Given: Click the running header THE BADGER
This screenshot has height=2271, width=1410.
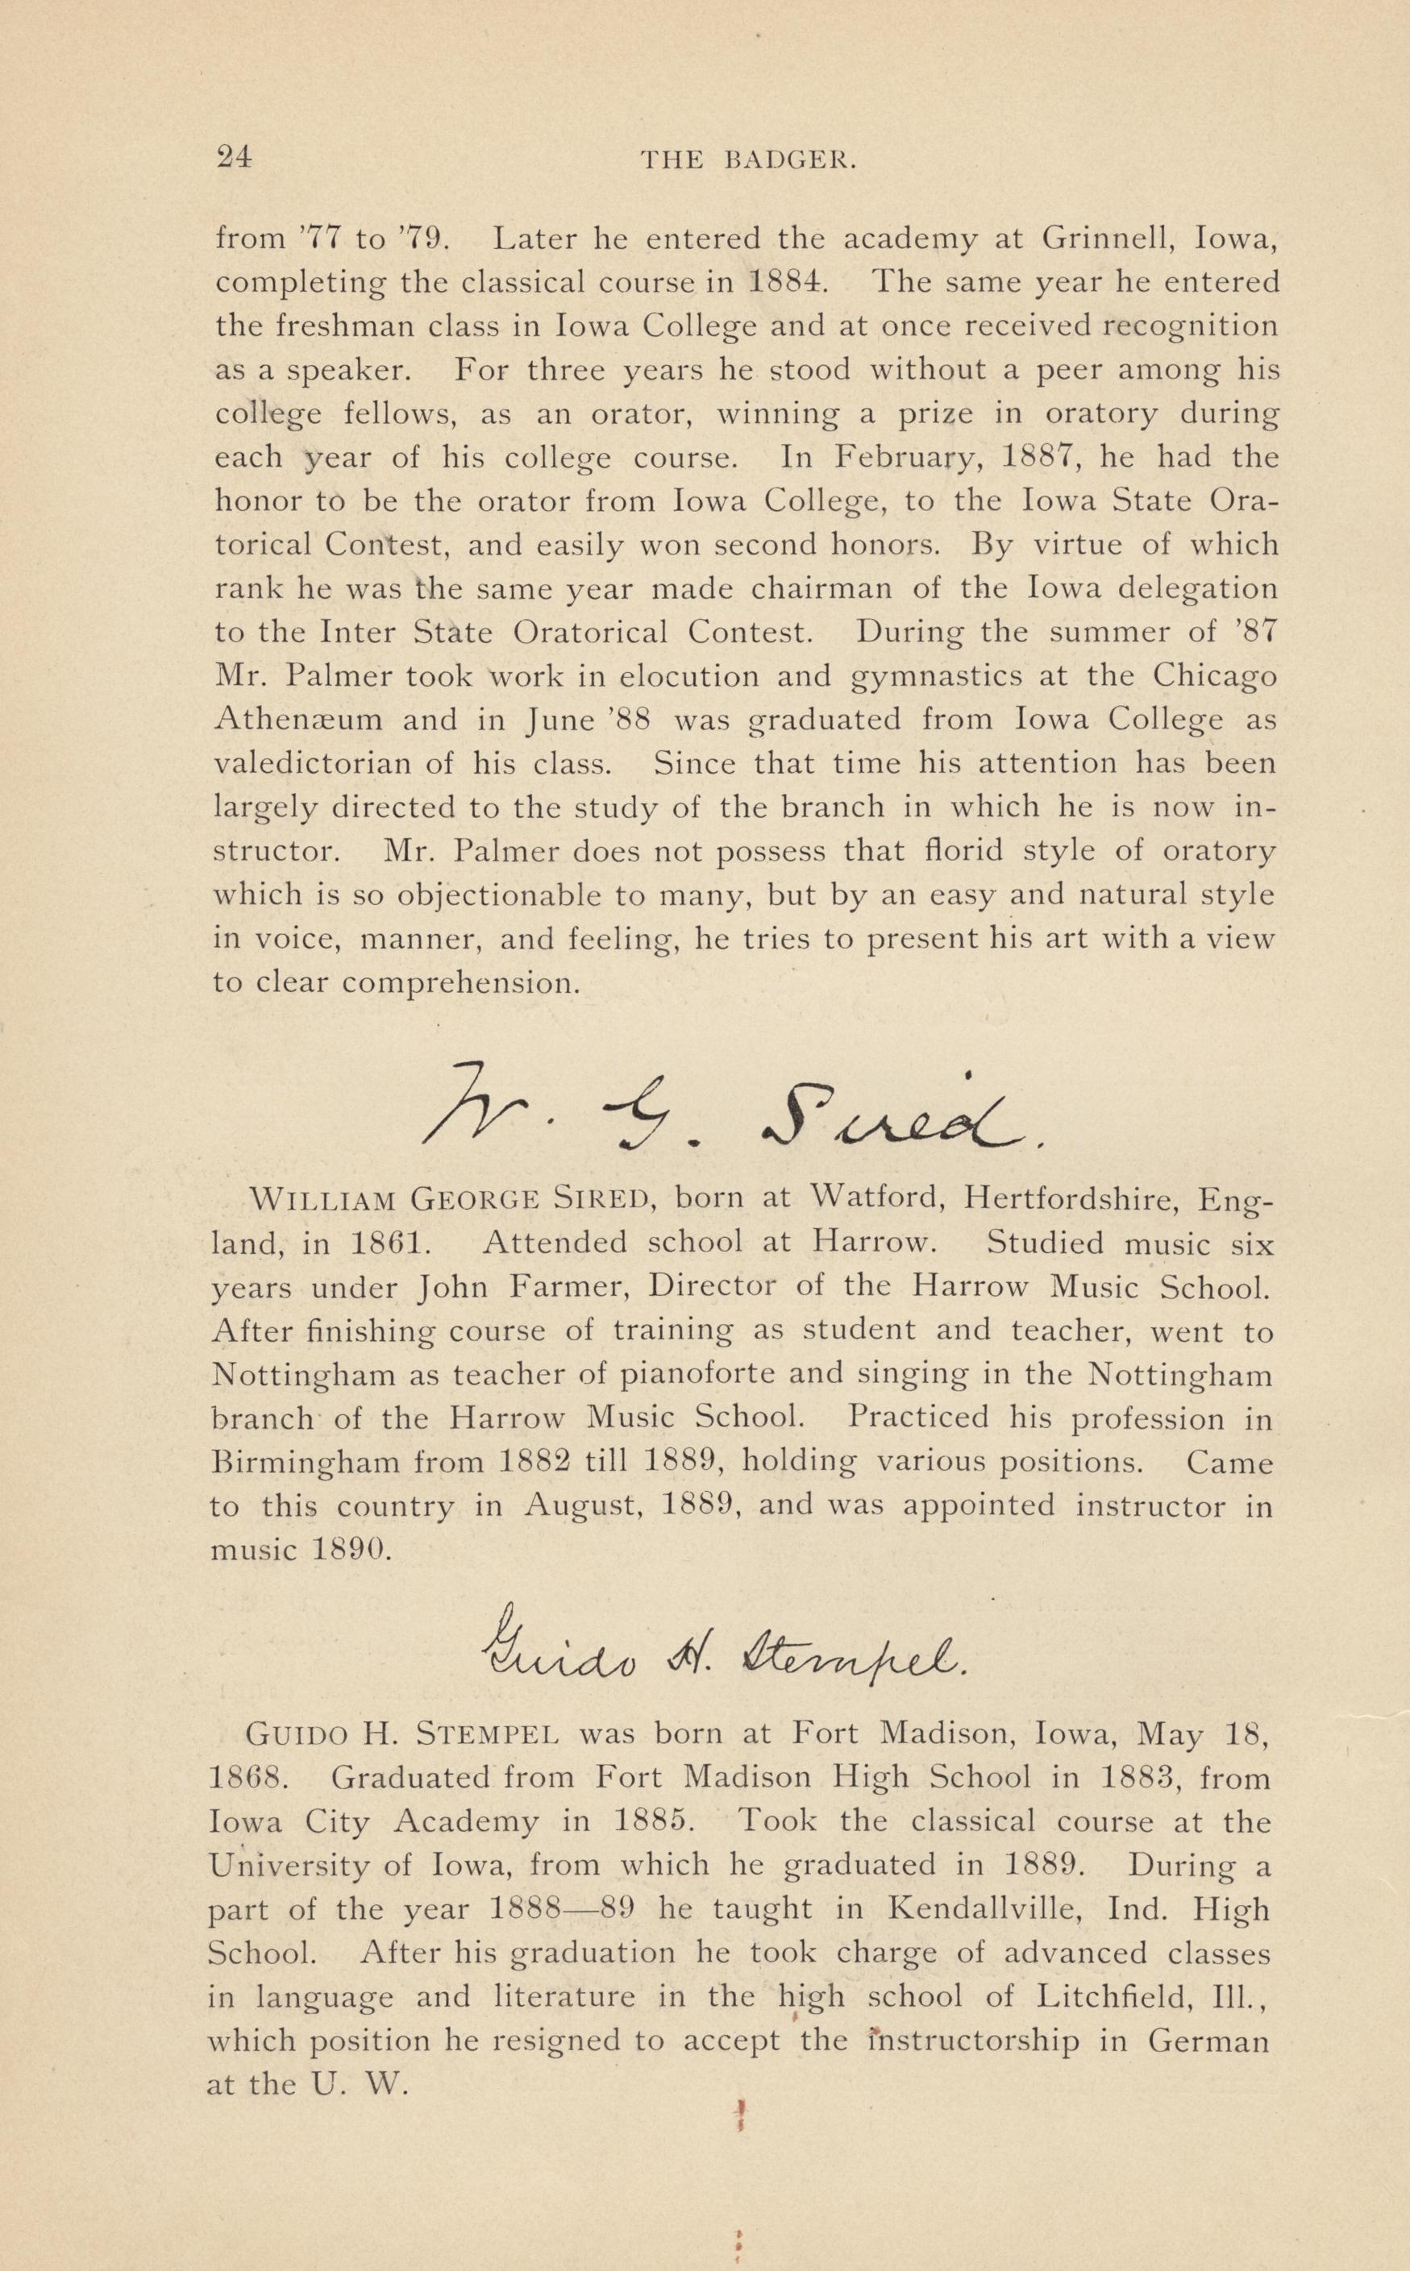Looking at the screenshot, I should click(x=748, y=160).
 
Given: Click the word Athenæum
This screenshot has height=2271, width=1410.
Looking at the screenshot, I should click(x=297, y=720).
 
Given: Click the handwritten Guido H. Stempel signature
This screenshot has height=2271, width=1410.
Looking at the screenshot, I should click(x=722, y=1652).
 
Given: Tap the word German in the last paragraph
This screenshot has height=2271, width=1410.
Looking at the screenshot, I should click(x=1208, y=2041).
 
